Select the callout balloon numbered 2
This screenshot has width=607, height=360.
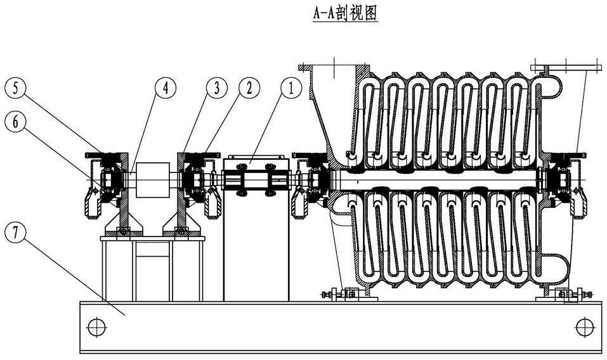coord(249,87)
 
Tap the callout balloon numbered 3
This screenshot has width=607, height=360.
coord(216,87)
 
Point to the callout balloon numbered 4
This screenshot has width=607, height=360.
coord(166,87)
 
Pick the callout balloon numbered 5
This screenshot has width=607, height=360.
coord(15,87)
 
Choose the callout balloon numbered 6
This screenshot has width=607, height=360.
coord(15,122)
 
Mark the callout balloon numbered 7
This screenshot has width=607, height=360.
coord(15,233)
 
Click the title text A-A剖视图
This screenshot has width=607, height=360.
coord(345,14)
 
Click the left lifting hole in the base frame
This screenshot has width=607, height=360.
coord(97,327)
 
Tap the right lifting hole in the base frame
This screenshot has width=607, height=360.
coord(585,327)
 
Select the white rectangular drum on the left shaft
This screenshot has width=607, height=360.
coord(153,180)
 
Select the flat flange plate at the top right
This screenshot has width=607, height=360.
coord(566,68)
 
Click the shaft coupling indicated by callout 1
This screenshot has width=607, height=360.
coord(256,180)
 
